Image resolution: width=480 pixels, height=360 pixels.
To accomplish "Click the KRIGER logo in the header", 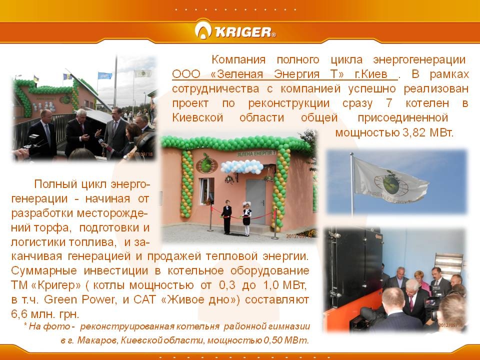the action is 235,30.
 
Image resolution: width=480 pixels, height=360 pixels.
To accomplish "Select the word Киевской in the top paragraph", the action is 197,118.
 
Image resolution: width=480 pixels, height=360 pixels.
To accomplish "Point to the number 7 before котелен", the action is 389,103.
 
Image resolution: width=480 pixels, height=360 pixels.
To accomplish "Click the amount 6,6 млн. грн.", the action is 45,314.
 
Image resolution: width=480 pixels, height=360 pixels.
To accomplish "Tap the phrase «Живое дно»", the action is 200,299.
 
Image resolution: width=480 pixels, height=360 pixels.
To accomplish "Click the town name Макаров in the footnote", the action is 97,340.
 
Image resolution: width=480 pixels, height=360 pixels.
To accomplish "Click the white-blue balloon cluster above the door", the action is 242,166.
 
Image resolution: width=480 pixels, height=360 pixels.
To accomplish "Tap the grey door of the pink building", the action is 255,201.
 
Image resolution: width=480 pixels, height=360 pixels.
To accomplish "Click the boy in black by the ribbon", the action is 226,217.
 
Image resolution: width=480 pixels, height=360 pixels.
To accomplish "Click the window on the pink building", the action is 207,191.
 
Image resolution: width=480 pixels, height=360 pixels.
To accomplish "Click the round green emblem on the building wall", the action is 206,164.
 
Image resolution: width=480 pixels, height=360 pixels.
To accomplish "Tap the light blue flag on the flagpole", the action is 105,75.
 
